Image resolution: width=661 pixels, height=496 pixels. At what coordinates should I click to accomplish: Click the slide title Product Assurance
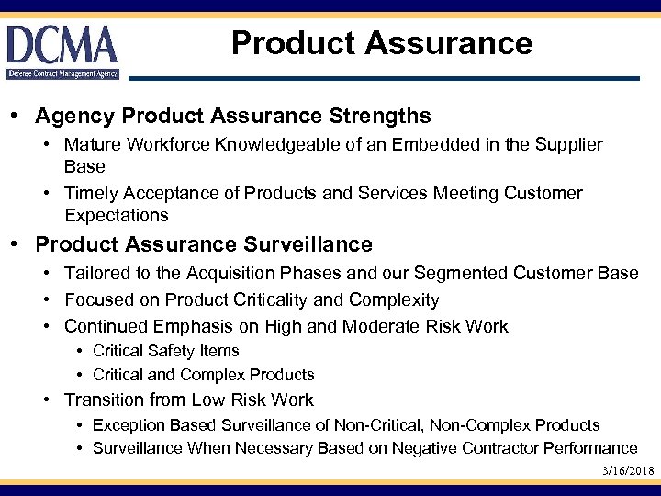(x=381, y=43)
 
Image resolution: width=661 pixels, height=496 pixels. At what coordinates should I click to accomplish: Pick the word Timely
(x=91, y=194)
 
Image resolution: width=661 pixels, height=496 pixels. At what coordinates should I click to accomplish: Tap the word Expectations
(x=117, y=216)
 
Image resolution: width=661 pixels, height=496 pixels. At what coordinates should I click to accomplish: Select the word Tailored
(x=96, y=274)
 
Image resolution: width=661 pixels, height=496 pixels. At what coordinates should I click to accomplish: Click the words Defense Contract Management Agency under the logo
(x=62, y=73)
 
